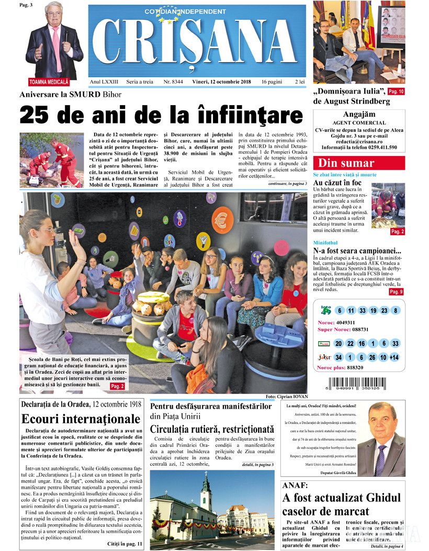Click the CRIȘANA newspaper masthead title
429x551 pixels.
(x=197, y=43)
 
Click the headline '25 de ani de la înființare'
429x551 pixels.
(x=161, y=115)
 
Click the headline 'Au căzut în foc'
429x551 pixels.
(x=337, y=183)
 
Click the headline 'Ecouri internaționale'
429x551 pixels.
(x=81, y=419)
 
